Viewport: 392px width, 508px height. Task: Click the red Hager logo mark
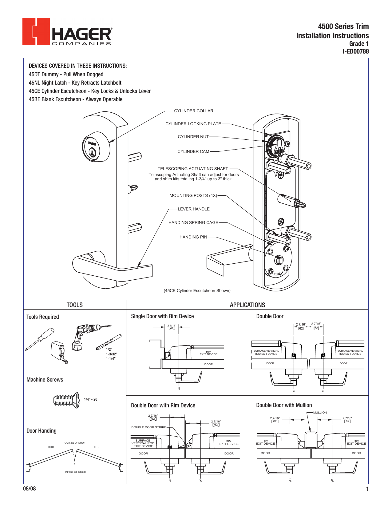[36, 31]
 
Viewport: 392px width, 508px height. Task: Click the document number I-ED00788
[355, 52]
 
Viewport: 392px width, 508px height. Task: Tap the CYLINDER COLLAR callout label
[193, 111]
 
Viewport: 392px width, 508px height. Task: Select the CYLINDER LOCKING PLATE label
[193, 124]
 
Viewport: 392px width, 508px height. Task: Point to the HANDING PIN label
[193, 237]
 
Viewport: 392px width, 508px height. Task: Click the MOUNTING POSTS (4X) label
[193, 195]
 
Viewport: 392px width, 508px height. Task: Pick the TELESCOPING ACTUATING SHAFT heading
[193, 169]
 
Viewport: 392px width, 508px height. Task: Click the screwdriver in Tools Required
[40, 338]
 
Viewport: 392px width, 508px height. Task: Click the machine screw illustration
[66, 400]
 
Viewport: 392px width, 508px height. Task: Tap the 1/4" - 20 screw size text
[90, 399]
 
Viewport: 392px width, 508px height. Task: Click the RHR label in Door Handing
[51, 447]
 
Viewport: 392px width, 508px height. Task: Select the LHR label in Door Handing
[97, 447]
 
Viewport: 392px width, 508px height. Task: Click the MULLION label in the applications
[320, 413]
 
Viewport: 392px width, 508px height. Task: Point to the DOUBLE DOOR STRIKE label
[148, 427]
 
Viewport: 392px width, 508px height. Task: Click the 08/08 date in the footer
[30, 489]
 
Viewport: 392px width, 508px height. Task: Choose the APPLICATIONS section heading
[247, 305]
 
